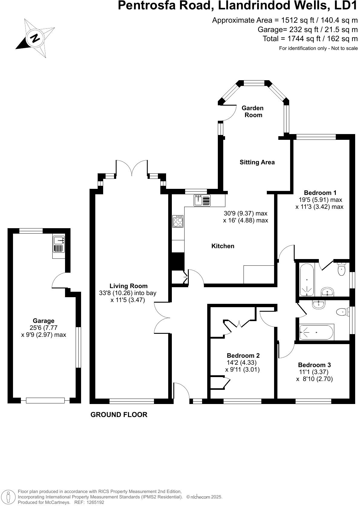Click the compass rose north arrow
[x=35, y=38]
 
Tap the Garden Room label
[x=253, y=111]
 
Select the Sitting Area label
[x=257, y=162]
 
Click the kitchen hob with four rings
[x=178, y=221]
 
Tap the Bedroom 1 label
[x=320, y=193]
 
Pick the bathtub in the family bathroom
[x=316, y=332]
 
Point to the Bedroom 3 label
[x=314, y=365]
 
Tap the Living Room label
[x=129, y=286]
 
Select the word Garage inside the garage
[x=44, y=321]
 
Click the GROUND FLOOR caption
[x=119, y=415]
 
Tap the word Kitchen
[x=223, y=246]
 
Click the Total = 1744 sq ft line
[x=310, y=38]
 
